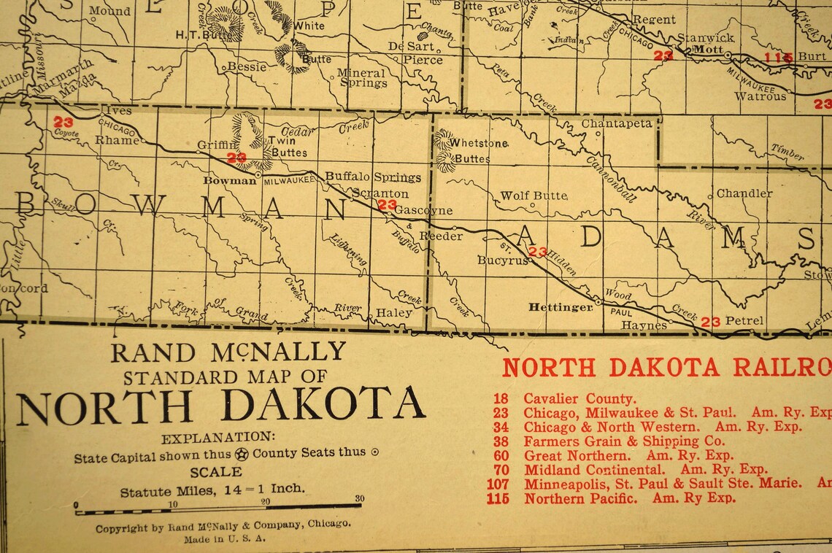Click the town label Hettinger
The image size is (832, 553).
pyautogui.click(x=561, y=308)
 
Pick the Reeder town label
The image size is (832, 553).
pyautogui.click(x=441, y=236)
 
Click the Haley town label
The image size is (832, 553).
pyautogui.click(x=394, y=312)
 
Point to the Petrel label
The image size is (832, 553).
pyautogui.click(x=744, y=320)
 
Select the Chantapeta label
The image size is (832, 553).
pyautogui.click(x=617, y=123)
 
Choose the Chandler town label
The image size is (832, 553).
pyautogui.click(x=744, y=193)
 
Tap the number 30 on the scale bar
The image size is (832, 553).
pyautogui.click(x=358, y=498)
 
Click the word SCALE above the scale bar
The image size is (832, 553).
pyautogui.click(x=215, y=471)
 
